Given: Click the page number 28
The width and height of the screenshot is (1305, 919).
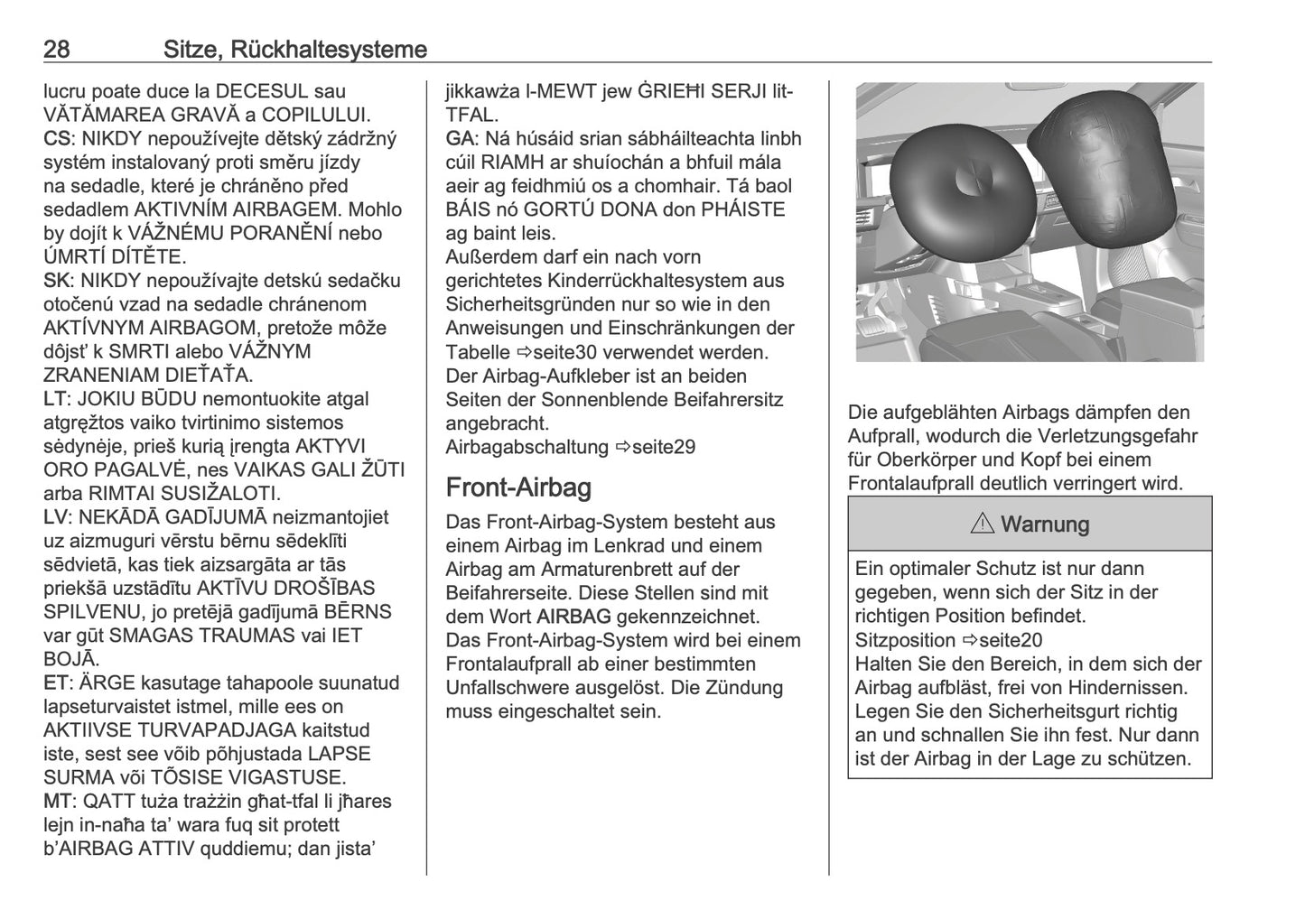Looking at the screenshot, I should coord(57,49).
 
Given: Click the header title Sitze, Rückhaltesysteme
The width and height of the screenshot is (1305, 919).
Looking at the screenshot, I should coord(295,49).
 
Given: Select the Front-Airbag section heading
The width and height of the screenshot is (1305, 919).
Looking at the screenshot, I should coord(518,487).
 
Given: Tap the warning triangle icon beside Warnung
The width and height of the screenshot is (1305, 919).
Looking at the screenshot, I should coord(983,524).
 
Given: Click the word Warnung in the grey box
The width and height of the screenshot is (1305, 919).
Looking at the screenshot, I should coord(1045,524).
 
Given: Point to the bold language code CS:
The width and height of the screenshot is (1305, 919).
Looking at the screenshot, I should coord(56,139).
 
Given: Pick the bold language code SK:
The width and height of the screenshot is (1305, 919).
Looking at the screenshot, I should coord(56,281).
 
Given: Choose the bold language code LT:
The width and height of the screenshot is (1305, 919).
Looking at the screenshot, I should coord(55,399).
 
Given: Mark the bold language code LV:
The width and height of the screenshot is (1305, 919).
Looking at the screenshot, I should coord(56,517).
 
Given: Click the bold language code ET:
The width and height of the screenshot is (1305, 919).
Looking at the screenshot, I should coord(56,682).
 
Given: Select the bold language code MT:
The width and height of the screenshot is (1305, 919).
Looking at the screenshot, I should coord(57,801).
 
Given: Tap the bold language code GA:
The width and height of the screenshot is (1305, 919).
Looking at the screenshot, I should coord(461,139).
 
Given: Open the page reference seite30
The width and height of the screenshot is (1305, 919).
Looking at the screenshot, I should coord(555,352).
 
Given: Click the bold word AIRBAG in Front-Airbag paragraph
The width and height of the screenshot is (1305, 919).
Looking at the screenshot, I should coord(573,617).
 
